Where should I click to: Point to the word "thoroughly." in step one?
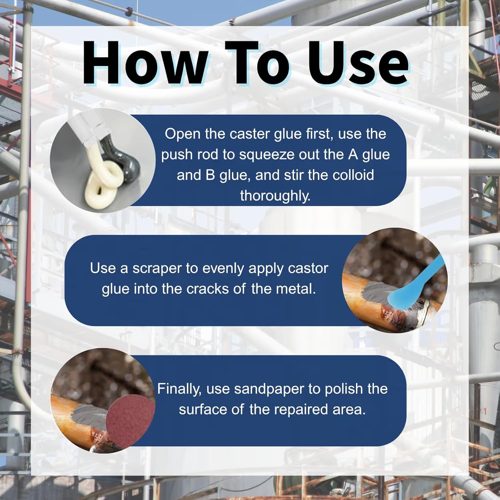tap(275, 196)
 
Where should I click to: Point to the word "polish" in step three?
tap(343, 389)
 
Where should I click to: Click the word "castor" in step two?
tap(308, 269)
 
